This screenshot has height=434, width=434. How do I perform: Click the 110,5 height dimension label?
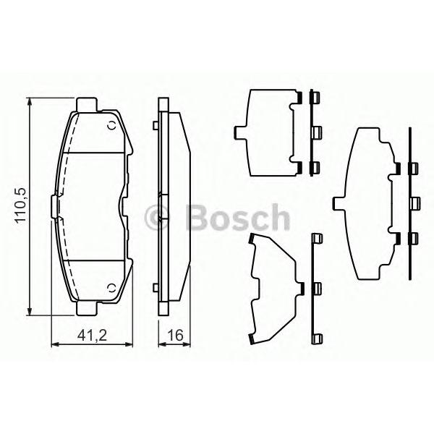click(20, 205)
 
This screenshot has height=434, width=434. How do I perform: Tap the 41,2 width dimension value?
click(92, 336)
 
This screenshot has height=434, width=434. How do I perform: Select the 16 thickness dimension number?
click(176, 335)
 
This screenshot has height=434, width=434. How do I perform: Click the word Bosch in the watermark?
click(238, 218)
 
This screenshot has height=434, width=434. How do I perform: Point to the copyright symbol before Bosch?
click(156, 218)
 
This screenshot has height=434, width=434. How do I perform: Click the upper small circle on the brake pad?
click(112, 125)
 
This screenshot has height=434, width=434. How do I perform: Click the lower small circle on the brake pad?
click(112, 288)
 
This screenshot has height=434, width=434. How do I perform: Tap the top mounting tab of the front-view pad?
click(87, 105)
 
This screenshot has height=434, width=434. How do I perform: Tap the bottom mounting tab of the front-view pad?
click(87, 308)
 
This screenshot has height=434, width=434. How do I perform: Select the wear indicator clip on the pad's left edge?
click(55, 206)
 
